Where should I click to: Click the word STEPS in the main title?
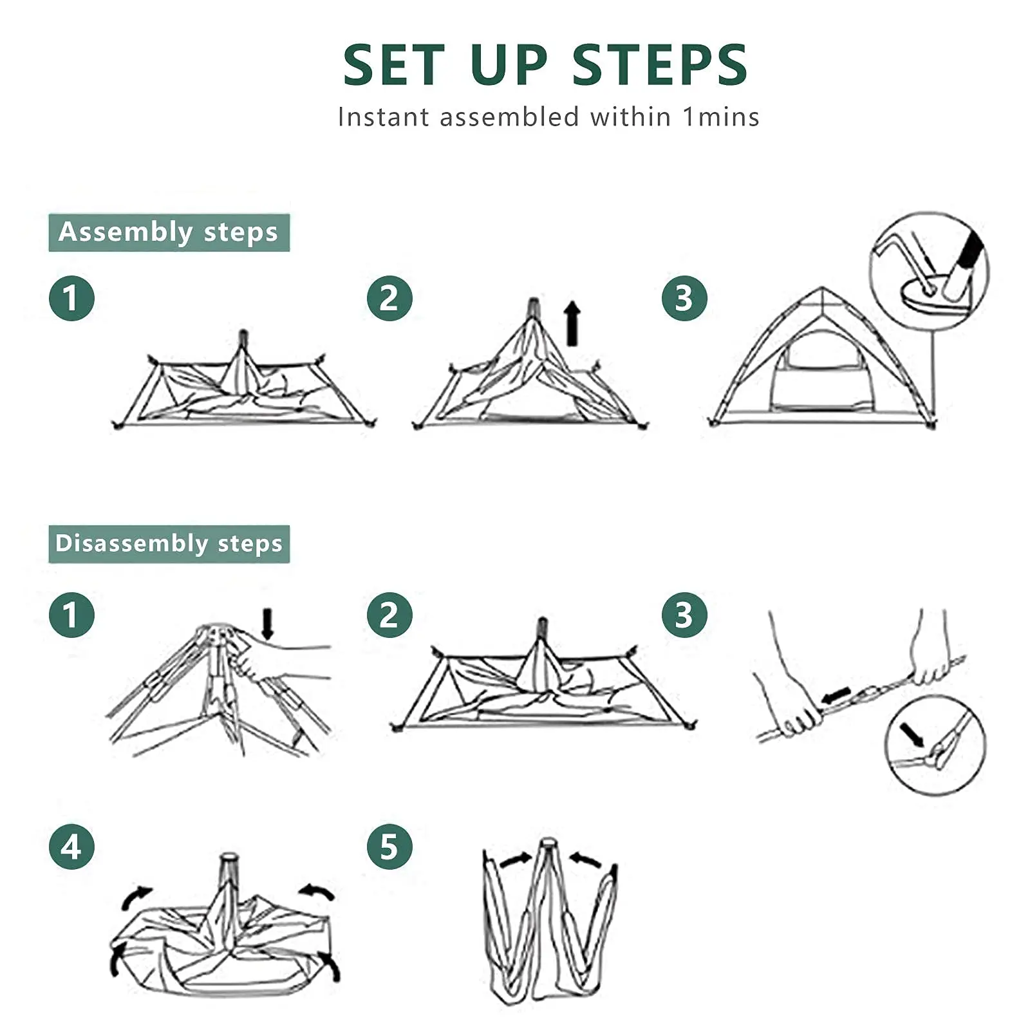pos(660,64)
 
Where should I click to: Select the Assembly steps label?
pos(169,232)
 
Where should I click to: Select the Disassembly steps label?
pos(169,544)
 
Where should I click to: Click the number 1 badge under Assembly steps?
pos(71,298)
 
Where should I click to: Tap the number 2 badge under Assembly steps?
pos(389,298)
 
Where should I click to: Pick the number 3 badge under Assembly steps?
pos(684,298)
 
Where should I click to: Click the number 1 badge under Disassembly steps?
pos(71,615)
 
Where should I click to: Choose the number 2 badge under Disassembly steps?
pos(389,615)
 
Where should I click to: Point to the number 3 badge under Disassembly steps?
pos(684,615)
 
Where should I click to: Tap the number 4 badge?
pos(71,847)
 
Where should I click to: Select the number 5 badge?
pos(389,847)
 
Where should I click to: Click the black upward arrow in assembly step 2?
pos(572,324)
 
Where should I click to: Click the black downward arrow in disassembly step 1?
pos(268,624)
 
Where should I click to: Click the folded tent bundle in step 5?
pos(548,921)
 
